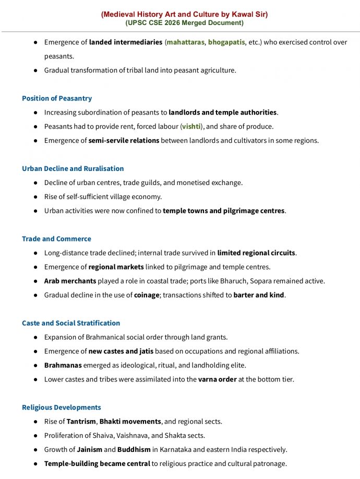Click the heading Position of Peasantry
coord(57,98)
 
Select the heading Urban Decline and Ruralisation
coord(73,168)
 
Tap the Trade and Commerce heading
coord(56,239)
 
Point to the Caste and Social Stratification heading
coord(71,323)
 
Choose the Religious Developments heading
coord(62,407)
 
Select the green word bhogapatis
coord(226,42)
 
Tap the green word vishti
coord(191,126)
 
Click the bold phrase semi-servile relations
coord(124,140)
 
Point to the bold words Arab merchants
coord(70,281)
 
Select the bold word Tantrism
coord(81,421)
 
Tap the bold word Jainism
coord(89,449)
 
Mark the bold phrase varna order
coord(217,379)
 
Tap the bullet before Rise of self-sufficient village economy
coord(35,196)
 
